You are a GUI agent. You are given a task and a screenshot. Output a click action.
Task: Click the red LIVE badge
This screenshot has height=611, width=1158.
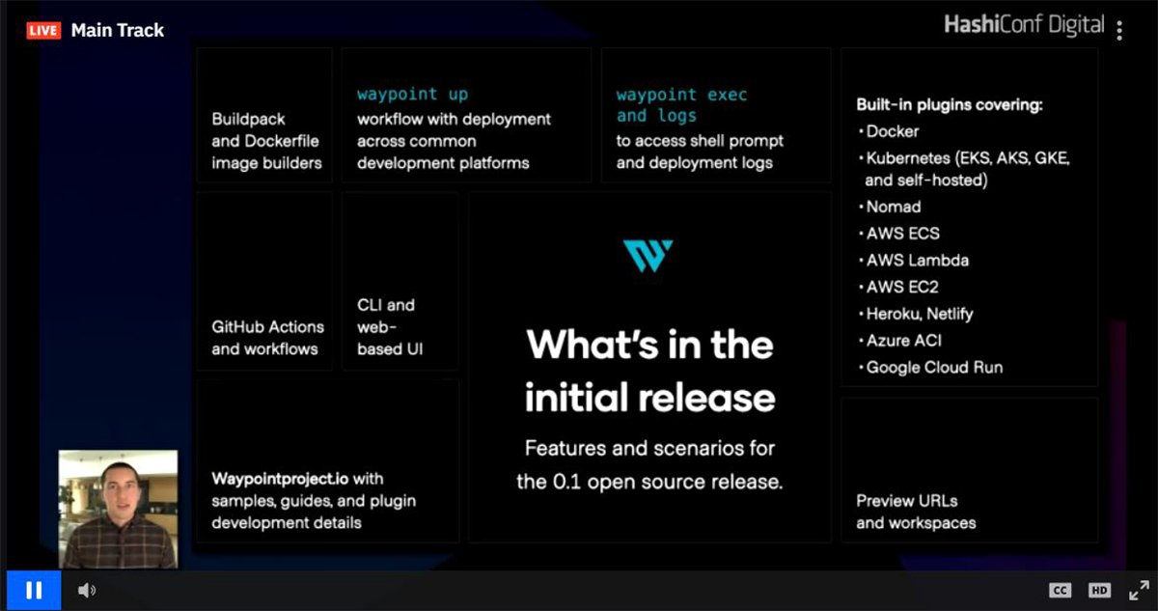pos(43,30)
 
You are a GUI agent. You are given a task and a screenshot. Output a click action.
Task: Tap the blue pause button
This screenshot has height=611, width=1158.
pos(34,590)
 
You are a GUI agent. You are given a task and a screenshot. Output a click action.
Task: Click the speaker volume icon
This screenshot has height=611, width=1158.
pos(86,590)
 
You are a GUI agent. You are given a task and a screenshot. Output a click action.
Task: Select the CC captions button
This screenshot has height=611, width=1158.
pos(1060,590)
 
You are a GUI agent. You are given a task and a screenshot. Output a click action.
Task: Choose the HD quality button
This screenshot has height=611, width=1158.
pos(1099,590)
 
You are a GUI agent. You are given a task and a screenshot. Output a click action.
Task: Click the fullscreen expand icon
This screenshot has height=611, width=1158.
pos(1139,590)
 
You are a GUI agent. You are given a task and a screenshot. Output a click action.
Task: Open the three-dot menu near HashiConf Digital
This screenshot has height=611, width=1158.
pos(1119,30)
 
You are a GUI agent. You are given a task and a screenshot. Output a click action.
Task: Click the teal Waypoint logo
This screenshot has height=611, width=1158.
pos(648,256)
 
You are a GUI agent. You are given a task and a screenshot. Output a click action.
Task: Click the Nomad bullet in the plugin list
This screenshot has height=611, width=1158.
pos(893,207)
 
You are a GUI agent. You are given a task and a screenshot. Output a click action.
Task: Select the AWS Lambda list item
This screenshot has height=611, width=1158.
pos(917,261)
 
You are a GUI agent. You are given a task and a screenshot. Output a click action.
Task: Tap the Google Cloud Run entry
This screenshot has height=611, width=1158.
pos(934,368)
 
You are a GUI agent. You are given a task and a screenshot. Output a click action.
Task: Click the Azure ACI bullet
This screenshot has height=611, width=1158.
pos(903,341)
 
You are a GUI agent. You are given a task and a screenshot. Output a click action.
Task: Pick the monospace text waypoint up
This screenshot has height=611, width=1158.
pos(412,95)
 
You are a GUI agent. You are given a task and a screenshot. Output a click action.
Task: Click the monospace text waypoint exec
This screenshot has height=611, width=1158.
pos(681,95)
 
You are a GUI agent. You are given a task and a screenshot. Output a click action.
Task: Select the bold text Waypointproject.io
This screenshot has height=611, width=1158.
pos(281,479)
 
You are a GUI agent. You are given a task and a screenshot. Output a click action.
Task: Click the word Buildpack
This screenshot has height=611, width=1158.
pos(249,120)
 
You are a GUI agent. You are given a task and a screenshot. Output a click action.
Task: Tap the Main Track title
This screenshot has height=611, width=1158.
pos(118,30)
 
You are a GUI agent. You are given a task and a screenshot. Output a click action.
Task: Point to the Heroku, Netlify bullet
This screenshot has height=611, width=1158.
pos(920,314)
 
